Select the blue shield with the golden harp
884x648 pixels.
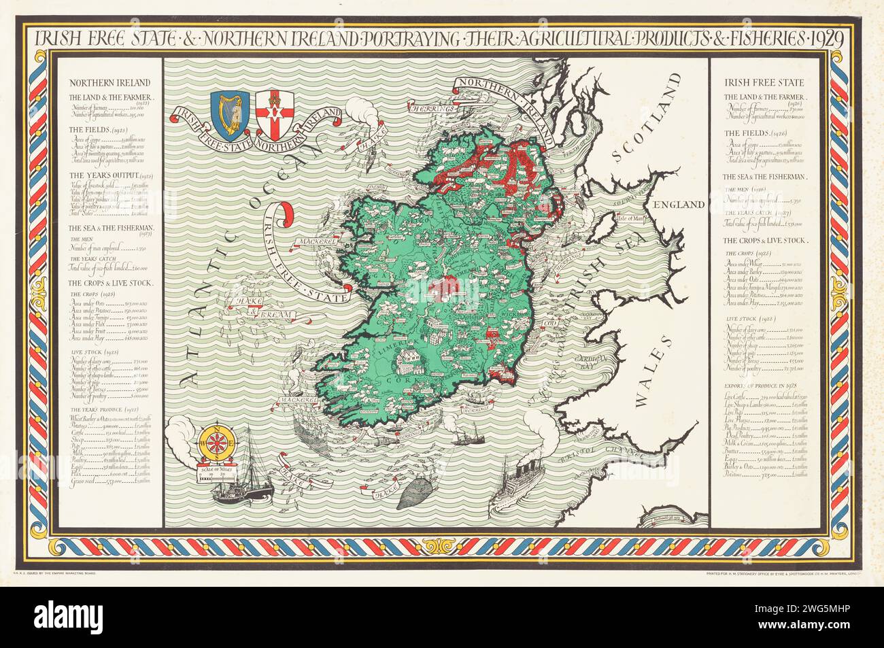226,108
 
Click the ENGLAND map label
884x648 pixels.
678,205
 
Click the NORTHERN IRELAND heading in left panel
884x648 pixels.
97,82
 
